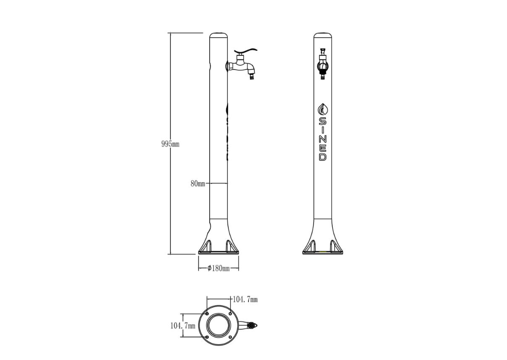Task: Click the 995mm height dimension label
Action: [170, 144]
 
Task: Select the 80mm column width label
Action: [198, 184]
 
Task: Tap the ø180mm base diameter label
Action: [218, 268]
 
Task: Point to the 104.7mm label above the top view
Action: [245, 300]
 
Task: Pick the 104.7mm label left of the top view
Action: [183, 326]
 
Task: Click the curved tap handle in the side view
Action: [246, 51]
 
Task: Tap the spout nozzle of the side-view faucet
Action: [251, 75]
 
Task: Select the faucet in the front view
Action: [323, 64]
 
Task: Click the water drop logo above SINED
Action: [323, 109]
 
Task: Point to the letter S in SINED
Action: [323, 122]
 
